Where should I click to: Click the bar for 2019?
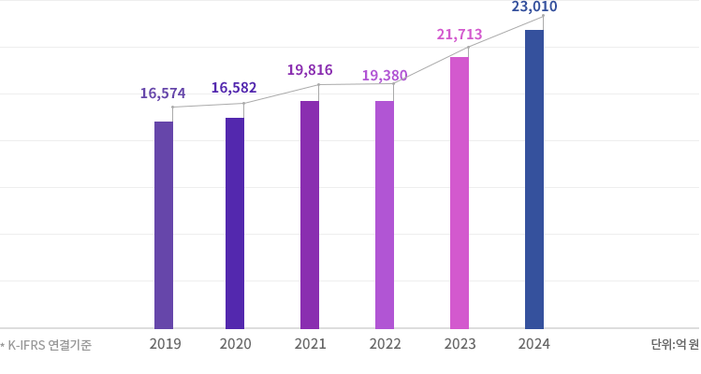pyautogui.click(x=163, y=224)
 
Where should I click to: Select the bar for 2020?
pyautogui.click(x=235, y=223)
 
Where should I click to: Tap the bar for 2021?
pyautogui.click(x=310, y=214)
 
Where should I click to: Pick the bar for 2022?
pyautogui.click(x=385, y=214)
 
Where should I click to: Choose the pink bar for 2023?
pyautogui.click(x=460, y=193)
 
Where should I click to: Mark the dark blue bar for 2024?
pyautogui.click(x=534, y=179)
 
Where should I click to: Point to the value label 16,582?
pyautogui.click(x=234, y=88)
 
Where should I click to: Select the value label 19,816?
pyautogui.click(x=310, y=70)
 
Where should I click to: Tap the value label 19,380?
pyautogui.click(x=385, y=75)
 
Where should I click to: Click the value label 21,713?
pyautogui.click(x=460, y=35)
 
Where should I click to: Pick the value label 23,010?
pyautogui.click(x=534, y=8)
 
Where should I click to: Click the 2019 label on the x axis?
pyautogui.click(x=165, y=344)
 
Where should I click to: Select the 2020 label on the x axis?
pyautogui.click(x=235, y=344)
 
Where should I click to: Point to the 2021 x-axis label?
pyautogui.click(x=310, y=344)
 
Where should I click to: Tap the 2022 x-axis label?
pyautogui.click(x=385, y=344)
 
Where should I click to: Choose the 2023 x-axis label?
pyautogui.click(x=460, y=344)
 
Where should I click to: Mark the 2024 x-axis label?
pyautogui.click(x=534, y=344)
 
